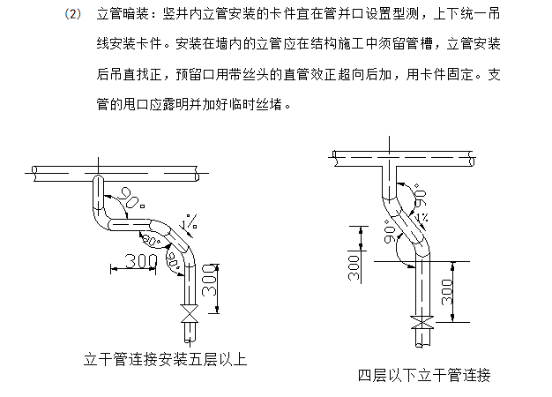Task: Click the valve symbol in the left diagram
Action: pos(187,315)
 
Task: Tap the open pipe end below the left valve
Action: pos(187,333)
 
